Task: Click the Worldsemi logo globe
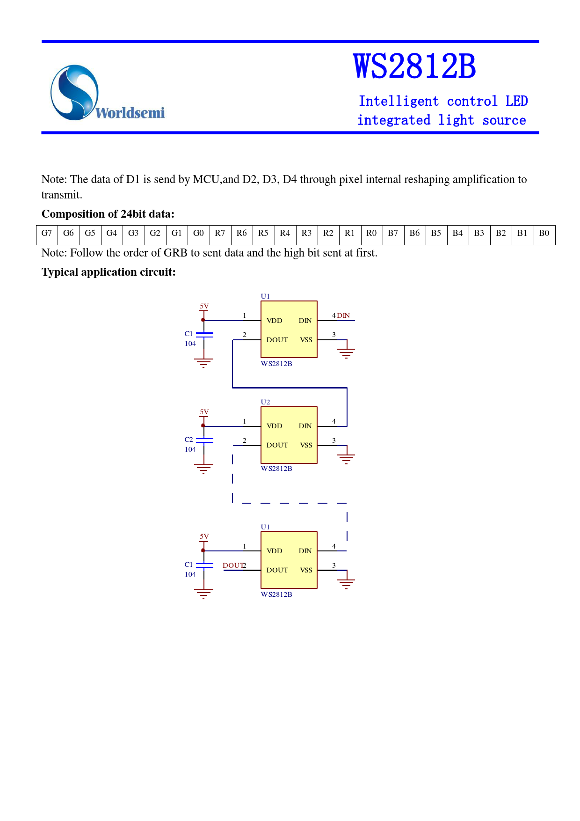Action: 74,92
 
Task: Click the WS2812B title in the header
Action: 414,66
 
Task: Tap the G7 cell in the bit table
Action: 47,233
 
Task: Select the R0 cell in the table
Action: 371,233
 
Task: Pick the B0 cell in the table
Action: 544,233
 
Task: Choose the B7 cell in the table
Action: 393,233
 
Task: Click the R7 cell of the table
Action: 220,233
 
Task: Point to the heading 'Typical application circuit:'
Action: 109,272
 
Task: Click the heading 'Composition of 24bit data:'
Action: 108,214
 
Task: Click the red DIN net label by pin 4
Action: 344,315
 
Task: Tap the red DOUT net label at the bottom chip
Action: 232,565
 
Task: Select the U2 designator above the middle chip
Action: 265,402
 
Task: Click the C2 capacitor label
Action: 188,440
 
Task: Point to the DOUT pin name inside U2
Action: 277,445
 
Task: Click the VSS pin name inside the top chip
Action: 306,340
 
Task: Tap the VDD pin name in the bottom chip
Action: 274,551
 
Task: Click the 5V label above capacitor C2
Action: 204,412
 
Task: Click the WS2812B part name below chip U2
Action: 276,469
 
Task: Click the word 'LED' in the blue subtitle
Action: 516,101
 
